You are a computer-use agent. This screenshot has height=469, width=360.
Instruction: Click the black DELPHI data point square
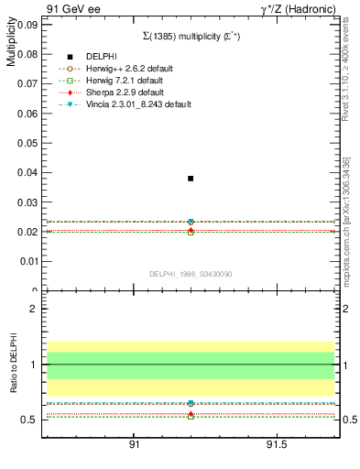pos(191,179)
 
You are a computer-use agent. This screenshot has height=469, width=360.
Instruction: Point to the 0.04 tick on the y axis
pos(28,172)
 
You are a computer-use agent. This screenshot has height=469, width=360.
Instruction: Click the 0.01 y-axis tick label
pos(28,261)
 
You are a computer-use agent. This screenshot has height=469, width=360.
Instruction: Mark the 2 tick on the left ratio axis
pos(33,309)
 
